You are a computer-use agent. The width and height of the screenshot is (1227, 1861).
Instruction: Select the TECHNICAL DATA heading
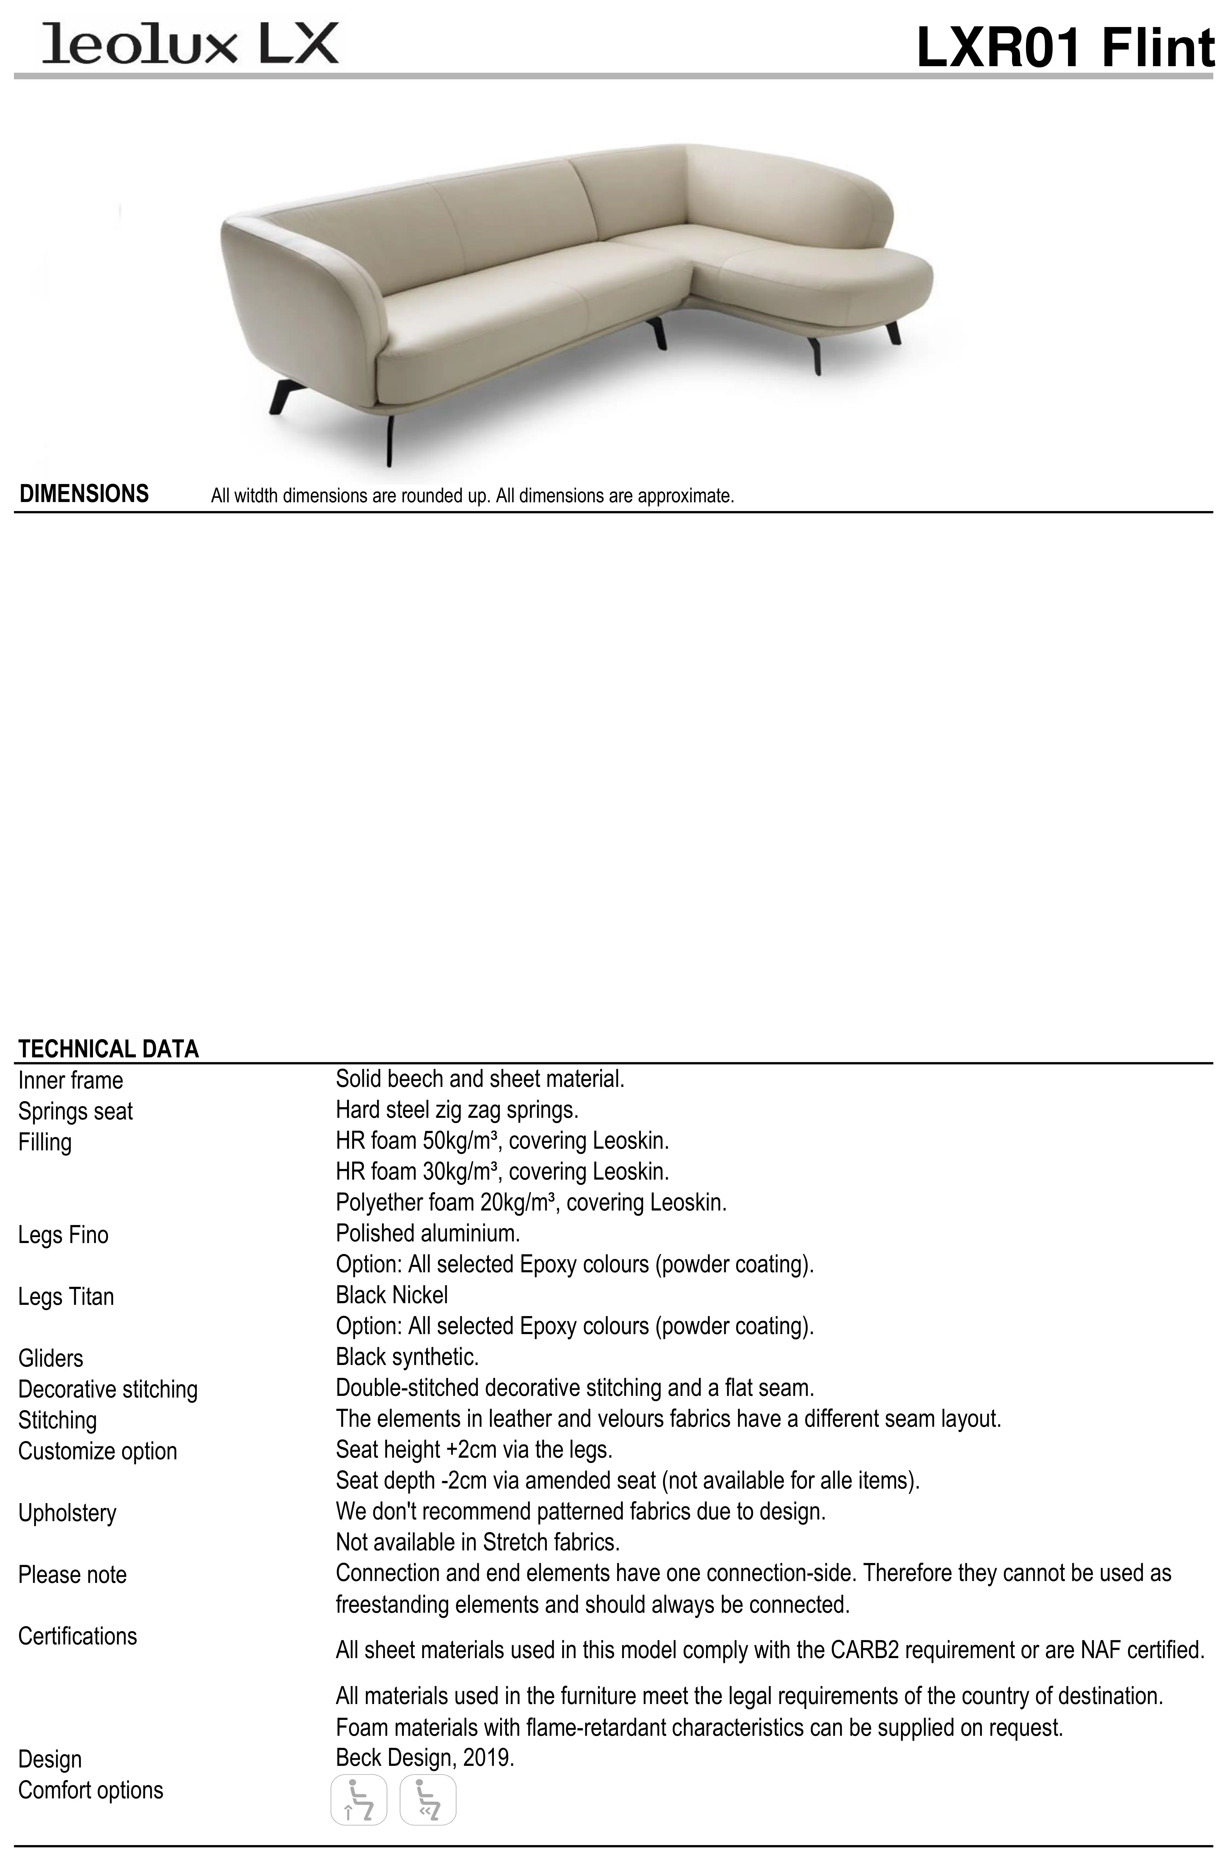tap(109, 1049)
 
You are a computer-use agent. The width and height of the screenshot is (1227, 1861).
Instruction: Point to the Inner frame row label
tap(71, 1080)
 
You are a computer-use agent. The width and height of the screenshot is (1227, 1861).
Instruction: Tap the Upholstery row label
tap(67, 1513)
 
